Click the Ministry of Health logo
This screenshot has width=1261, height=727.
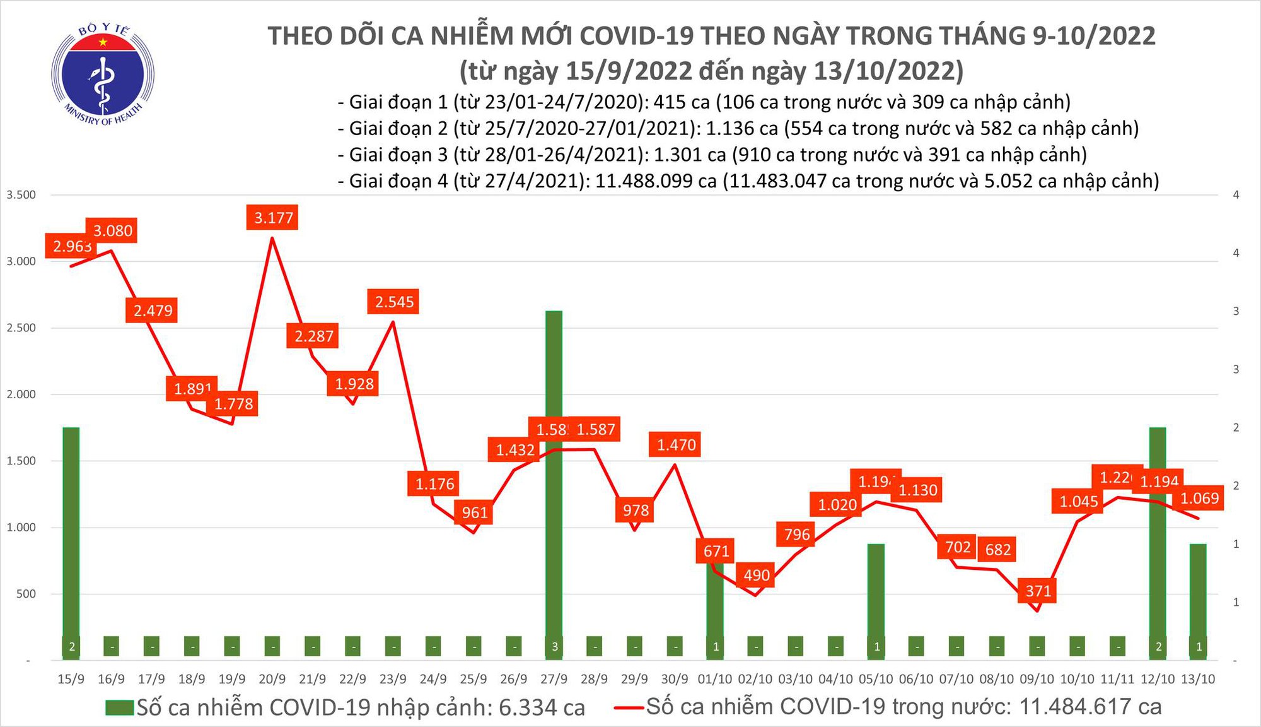pyautogui.click(x=103, y=74)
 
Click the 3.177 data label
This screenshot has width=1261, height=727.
pyautogui.click(x=273, y=218)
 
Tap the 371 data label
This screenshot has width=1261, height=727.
pyautogui.click(x=1038, y=591)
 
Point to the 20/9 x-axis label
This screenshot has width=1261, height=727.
pyautogui.click(x=272, y=679)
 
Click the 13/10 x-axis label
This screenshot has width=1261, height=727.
pyautogui.click(x=1197, y=679)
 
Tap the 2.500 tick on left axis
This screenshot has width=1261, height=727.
pyautogui.click(x=21, y=328)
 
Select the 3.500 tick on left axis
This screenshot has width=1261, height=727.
pyautogui.click(x=21, y=195)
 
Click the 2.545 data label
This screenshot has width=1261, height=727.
pyautogui.click(x=394, y=302)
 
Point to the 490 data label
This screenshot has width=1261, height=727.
pyautogui.click(x=756, y=575)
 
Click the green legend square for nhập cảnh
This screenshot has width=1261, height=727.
pyautogui.click(x=120, y=707)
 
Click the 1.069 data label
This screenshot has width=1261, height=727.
pyautogui.click(x=1199, y=499)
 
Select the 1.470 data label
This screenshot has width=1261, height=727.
pyautogui.click(x=676, y=445)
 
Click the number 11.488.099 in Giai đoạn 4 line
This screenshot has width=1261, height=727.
pyautogui.click(x=656, y=181)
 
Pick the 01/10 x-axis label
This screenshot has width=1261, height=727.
pyautogui.click(x=715, y=679)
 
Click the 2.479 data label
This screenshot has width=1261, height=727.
pyautogui.click(x=153, y=310)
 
